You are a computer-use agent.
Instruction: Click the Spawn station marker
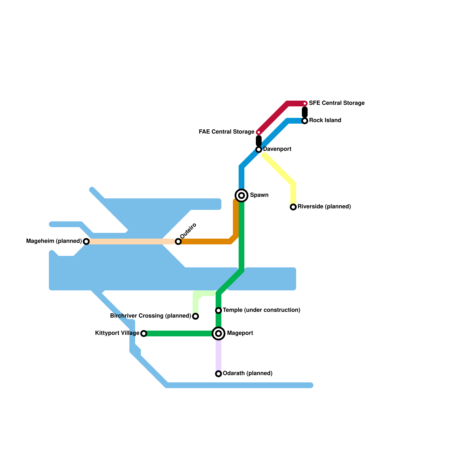(x=241, y=195)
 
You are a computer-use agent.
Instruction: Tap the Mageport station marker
(x=218, y=333)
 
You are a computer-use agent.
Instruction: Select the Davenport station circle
(x=259, y=149)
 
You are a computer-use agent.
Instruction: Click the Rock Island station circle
(x=305, y=121)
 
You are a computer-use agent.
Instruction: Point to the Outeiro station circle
(x=178, y=241)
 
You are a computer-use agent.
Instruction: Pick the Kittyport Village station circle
(x=144, y=333)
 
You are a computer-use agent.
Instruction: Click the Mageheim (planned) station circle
(x=86, y=241)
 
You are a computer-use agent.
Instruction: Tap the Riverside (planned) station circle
(x=293, y=207)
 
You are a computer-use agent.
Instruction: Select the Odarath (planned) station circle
(x=218, y=374)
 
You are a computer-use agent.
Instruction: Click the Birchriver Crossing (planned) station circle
(x=195, y=316)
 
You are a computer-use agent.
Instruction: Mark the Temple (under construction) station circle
(x=218, y=310)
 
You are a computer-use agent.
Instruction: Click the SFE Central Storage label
(x=337, y=103)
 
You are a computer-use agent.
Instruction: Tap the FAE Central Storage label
(x=227, y=132)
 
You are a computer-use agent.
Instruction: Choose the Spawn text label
(x=259, y=195)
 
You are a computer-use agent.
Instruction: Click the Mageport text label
(x=240, y=333)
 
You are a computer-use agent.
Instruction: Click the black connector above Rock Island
(x=305, y=112)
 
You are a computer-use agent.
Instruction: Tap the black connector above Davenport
(x=259, y=140)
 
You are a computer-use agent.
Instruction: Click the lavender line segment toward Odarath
(x=218, y=355)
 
